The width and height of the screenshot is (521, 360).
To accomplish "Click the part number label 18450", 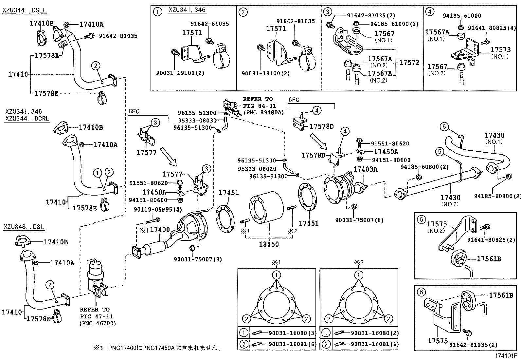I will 269,244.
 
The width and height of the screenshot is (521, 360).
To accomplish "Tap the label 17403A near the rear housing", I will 365,169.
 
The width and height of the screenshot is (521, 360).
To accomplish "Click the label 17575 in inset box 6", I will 438,341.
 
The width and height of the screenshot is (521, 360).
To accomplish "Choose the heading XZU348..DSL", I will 24,227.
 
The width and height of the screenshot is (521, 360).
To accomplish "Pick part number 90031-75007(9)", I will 198,259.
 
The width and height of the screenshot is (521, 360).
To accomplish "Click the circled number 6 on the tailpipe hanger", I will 444,126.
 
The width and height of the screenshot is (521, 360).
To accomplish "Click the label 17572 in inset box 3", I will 409,62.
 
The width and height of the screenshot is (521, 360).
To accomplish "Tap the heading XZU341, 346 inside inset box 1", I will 187,10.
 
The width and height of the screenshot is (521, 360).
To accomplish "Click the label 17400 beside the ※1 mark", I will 160,230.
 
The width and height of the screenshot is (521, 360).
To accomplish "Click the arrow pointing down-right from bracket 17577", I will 169,157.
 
